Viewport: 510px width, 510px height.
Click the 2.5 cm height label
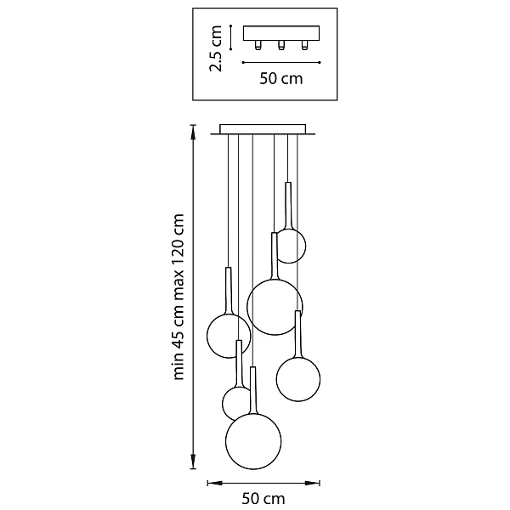click(x=215, y=48)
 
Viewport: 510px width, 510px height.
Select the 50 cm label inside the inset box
click(x=281, y=78)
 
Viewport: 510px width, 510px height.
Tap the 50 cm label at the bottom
click(x=263, y=498)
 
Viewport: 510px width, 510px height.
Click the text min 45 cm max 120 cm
click(x=178, y=297)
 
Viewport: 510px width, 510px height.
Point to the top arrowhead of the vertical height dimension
click(x=193, y=131)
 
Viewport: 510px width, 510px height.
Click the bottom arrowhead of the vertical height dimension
click(x=193, y=462)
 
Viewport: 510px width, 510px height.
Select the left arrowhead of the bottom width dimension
click(x=214, y=483)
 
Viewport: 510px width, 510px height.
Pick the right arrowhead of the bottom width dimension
click(x=313, y=483)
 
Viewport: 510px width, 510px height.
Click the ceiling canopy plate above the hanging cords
click(x=263, y=129)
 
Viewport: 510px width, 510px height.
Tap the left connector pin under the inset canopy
click(x=258, y=45)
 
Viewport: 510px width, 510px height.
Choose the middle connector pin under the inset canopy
click(x=281, y=45)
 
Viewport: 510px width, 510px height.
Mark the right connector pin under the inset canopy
click(x=304, y=45)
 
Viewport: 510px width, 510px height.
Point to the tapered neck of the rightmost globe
click(x=297, y=335)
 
